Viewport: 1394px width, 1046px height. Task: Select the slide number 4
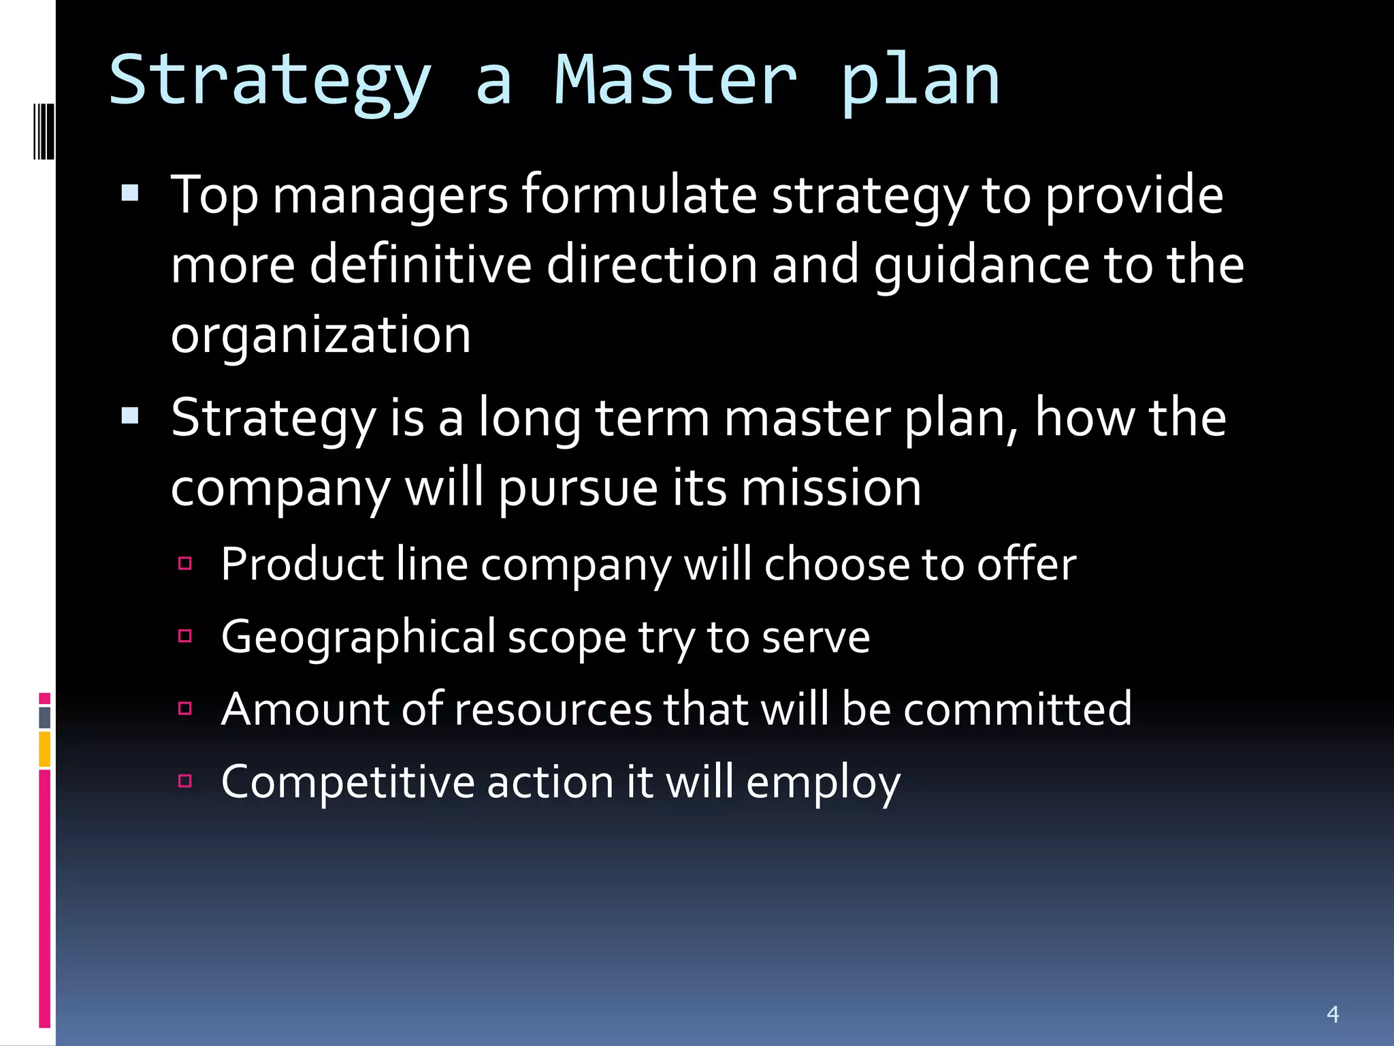click(x=1333, y=1014)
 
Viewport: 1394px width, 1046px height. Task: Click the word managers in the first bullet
click(x=390, y=196)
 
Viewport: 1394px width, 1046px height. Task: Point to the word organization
click(x=321, y=335)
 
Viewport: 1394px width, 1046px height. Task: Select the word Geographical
click(x=359, y=637)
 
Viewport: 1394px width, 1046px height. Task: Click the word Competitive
click(x=347, y=782)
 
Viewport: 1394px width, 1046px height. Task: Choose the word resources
click(x=553, y=709)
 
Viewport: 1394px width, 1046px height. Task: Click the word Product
click(x=302, y=565)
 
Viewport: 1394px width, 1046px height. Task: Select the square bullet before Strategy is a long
click(x=129, y=415)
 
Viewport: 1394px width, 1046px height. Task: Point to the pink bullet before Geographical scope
click(x=184, y=636)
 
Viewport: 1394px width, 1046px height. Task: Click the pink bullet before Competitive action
click(x=184, y=780)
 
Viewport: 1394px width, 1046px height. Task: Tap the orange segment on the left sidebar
click(x=44, y=749)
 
